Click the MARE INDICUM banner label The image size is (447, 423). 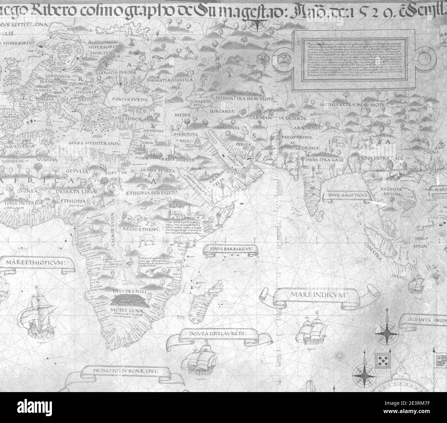coord(319,295)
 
